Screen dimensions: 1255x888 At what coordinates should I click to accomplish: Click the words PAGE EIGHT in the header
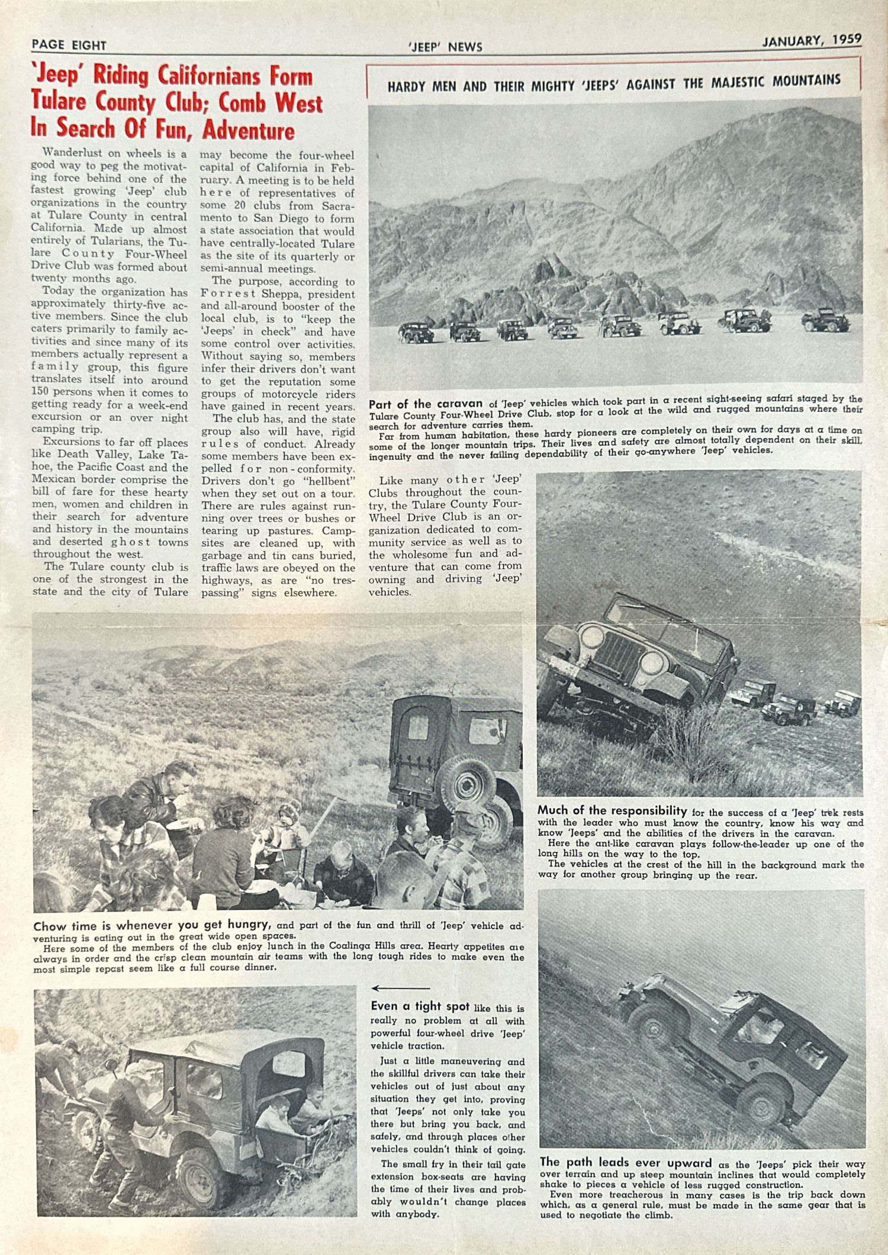coord(69,45)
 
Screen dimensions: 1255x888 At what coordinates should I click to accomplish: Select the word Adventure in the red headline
coord(249,130)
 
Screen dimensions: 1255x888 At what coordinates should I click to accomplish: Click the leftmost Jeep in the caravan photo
coord(416,333)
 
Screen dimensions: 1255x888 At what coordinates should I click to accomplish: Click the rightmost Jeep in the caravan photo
coord(825,320)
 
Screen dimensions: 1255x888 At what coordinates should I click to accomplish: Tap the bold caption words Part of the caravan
coord(426,404)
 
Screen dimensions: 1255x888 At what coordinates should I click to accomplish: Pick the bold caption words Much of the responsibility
coord(612,810)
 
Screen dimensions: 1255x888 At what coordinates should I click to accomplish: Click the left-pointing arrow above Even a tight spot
coord(400,988)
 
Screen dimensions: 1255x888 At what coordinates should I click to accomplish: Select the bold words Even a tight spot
coord(420,1006)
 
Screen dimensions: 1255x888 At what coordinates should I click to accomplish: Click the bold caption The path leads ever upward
coord(625,1162)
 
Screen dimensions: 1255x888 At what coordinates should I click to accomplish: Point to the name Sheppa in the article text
coord(278,294)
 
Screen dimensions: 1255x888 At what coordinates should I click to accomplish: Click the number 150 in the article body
coord(43,392)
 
